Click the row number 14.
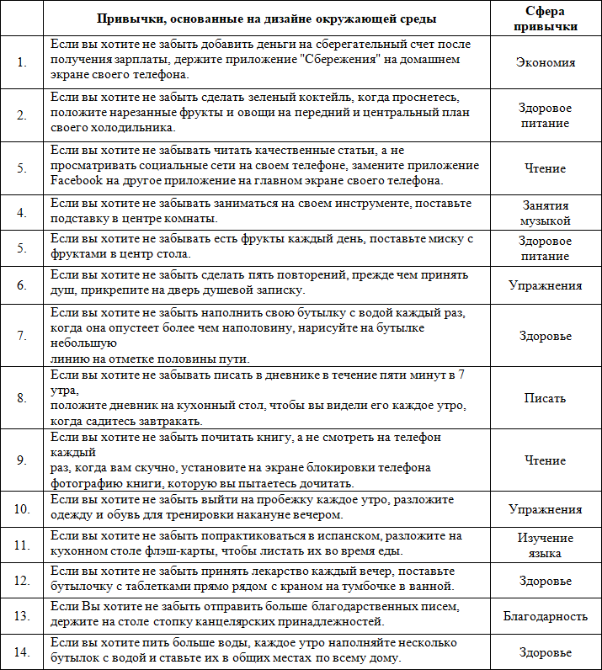coord(22,652)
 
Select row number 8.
coord(22,397)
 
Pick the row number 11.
coord(22,545)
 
